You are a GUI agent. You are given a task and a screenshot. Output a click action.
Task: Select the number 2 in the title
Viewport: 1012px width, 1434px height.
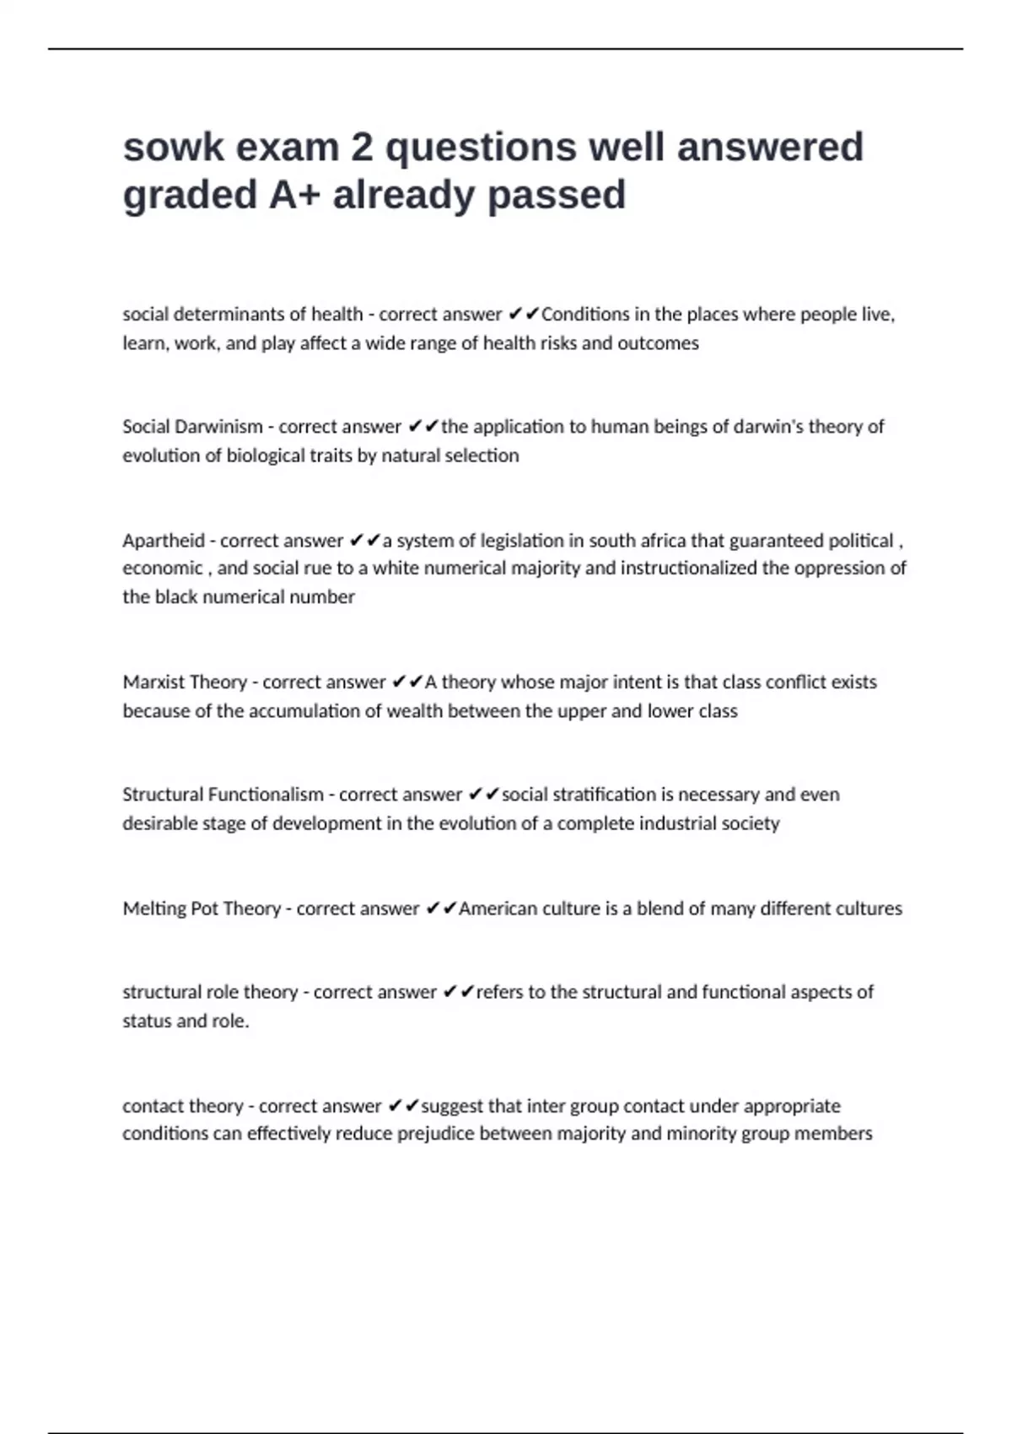[361, 148]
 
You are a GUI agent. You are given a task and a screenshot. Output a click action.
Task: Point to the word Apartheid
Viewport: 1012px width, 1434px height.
[164, 541]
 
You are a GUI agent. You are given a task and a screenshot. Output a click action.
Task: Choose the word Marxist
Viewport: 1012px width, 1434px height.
[153, 682]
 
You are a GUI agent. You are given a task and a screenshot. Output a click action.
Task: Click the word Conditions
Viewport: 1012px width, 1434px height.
[585, 315]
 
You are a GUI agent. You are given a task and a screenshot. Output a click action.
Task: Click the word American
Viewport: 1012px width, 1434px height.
[498, 908]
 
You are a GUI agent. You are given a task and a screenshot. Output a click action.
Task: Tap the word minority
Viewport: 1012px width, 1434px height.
[701, 1134]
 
